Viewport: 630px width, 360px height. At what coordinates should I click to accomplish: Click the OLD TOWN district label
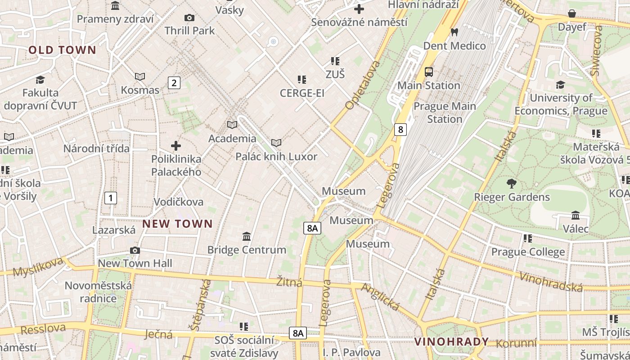(63, 50)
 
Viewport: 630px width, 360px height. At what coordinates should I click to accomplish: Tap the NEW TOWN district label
(177, 224)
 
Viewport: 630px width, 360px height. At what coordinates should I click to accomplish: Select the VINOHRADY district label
(451, 342)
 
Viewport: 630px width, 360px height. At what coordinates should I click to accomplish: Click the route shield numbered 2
(174, 83)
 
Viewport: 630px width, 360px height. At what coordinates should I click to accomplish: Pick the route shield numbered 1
(110, 198)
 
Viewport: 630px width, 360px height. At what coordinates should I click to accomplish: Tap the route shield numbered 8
(400, 130)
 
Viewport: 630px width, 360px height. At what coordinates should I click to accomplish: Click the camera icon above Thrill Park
(189, 18)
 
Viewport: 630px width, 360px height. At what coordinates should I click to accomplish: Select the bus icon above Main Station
(429, 72)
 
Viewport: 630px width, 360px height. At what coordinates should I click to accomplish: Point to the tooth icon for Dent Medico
(454, 32)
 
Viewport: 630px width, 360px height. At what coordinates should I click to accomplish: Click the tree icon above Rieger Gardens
(511, 183)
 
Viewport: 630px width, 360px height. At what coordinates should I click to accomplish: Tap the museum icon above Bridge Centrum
(247, 236)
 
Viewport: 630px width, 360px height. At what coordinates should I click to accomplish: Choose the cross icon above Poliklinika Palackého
(176, 145)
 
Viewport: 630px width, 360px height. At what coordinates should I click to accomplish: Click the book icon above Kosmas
(140, 76)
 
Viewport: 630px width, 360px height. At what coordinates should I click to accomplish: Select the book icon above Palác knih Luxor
(276, 143)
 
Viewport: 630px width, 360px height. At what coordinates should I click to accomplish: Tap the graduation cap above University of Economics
(560, 84)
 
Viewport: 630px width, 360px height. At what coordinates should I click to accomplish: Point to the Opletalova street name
(363, 85)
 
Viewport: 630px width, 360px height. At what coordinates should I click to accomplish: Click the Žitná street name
(289, 282)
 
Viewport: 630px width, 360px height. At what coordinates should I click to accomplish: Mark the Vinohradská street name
(551, 282)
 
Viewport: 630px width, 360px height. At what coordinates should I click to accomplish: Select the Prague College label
(528, 252)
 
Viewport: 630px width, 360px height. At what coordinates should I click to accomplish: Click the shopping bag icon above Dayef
(571, 13)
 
